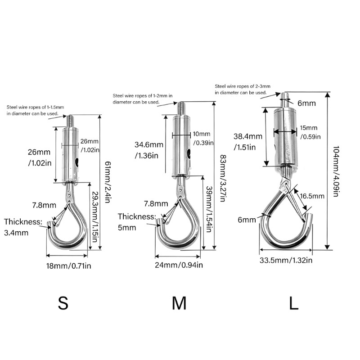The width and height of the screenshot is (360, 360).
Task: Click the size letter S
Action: tap(63, 303)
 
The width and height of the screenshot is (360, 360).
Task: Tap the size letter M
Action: tap(179, 303)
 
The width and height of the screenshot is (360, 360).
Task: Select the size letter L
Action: tap(294, 303)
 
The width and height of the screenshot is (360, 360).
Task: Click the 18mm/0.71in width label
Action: tap(69, 266)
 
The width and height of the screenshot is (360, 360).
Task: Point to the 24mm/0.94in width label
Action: tap(179, 265)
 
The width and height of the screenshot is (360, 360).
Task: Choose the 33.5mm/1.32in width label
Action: tap(286, 260)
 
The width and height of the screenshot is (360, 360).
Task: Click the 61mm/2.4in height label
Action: tap(108, 182)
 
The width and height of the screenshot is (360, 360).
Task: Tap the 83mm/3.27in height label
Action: tap(223, 178)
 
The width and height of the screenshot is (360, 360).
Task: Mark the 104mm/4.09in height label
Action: tap(336, 171)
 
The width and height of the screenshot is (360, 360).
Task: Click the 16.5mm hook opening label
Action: tap(312, 196)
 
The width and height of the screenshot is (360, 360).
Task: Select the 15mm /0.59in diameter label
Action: tap(310, 132)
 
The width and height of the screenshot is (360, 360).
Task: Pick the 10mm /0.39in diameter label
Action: tap(203, 139)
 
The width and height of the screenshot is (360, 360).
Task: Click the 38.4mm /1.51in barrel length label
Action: tap(248, 142)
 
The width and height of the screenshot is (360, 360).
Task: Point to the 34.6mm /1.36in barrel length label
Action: tap(149, 150)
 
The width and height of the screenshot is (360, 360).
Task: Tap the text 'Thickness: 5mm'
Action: tap(137, 222)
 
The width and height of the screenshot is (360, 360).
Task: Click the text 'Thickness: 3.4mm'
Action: tap(23, 227)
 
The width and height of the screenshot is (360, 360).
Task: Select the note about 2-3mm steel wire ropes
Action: tap(243, 89)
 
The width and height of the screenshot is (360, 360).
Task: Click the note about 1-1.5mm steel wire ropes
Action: tap(35, 110)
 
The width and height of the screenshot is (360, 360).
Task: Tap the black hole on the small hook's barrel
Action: tap(76, 162)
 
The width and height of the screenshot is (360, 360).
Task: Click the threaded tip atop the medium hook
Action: tap(181, 108)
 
